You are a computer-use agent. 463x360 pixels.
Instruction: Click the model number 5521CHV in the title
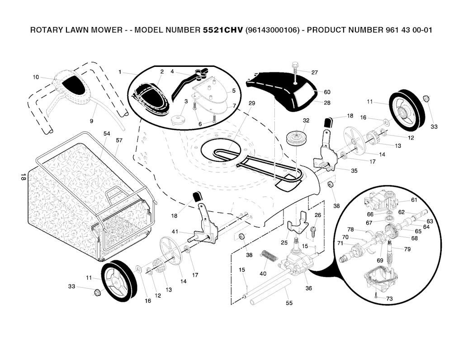pyautogui.click(x=223, y=30)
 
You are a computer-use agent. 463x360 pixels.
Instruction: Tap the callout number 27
pyautogui.click(x=315, y=72)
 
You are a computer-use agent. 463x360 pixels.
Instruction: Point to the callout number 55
pyautogui.click(x=289, y=303)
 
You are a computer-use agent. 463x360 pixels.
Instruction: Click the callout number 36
pyautogui.click(x=308, y=288)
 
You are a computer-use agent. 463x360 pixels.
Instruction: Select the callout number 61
pyautogui.click(x=414, y=200)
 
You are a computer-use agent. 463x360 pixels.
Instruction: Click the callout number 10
pyautogui.click(x=36, y=77)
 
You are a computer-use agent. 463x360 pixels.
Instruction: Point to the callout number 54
pyautogui.click(x=107, y=134)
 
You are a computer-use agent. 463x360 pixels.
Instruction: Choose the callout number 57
pyautogui.click(x=119, y=140)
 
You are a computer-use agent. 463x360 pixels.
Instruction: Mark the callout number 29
pyautogui.click(x=252, y=103)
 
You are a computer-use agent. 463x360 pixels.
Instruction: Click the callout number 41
pyautogui.click(x=175, y=232)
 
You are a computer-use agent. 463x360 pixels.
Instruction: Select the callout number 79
pyautogui.click(x=407, y=249)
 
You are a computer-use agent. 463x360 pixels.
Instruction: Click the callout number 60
pyautogui.click(x=327, y=92)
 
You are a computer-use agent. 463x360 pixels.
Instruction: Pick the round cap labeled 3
pyautogui.click(x=177, y=120)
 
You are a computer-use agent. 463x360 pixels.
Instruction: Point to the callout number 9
pyautogui.click(x=91, y=121)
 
